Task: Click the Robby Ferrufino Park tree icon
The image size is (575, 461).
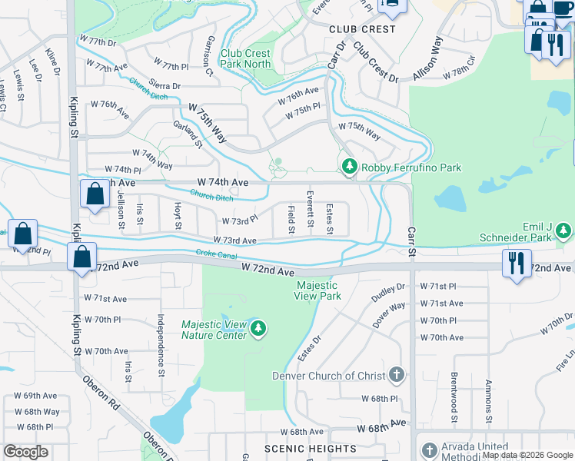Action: point(349,167)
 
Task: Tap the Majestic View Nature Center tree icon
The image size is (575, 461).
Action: point(258,330)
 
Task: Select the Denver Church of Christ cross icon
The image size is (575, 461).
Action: point(396,375)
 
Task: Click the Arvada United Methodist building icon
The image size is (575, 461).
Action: point(429,448)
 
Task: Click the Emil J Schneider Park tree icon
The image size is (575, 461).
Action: point(565,230)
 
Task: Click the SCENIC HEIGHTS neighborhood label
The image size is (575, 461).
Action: point(310,448)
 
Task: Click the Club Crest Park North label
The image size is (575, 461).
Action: point(245,58)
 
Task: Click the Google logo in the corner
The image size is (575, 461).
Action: point(25,452)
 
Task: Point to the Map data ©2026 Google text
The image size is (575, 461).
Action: point(527,455)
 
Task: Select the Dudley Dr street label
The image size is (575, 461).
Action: point(388,294)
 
